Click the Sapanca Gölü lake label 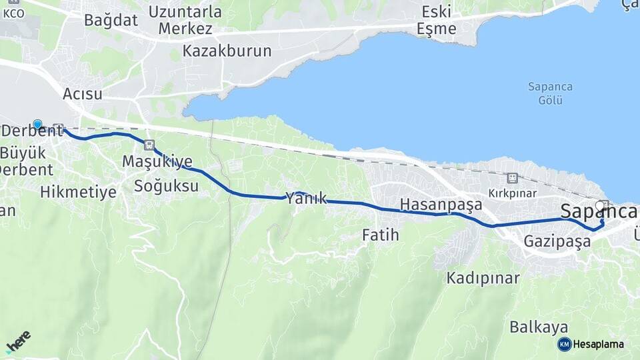550,93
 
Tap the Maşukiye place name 157,161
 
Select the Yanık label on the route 306,197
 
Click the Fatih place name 380,235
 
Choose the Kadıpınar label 483,277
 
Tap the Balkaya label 539,327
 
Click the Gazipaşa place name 557,241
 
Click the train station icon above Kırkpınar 512,178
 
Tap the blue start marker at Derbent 38,125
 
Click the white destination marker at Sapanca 600,206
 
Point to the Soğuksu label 166,186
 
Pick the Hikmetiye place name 78,193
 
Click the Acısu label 83,94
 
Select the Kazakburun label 227,51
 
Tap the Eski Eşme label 436,20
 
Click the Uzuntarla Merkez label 185,20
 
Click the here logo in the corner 19,341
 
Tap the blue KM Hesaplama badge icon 565,344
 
